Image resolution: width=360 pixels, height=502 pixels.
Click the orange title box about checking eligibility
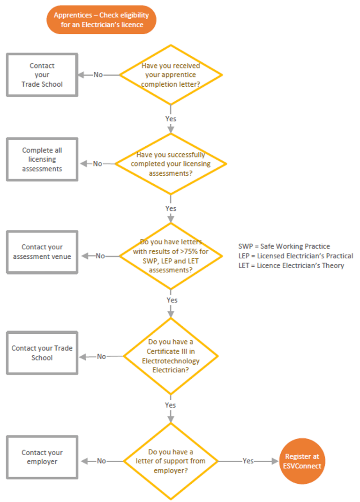pyautogui.click(x=101, y=20)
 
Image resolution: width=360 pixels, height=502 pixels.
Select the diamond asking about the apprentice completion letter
pyautogui.click(x=171, y=75)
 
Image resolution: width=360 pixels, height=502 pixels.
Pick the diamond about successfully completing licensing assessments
pyautogui.click(x=171, y=164)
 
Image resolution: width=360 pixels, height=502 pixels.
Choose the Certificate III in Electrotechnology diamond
pyautogui.click(x=171, y=356)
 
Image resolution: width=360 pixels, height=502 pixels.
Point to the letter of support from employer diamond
pyautogui.click(x=171, y=461)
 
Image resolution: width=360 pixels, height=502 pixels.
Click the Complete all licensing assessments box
pyautogui.click(x=42, y=159)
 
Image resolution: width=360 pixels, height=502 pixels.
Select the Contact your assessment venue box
pyautogui.click(x=42, y=252)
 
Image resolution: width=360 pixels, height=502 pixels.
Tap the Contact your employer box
pyautogui.click(x=42, y=457)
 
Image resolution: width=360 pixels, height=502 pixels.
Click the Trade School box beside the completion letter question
pyautogui.click(x=42, y=75)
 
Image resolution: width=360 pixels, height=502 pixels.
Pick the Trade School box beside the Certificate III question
pyautogui.click(x=42, y=353)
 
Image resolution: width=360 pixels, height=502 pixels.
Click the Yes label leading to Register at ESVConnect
pyautogui.click(x=248, y=461)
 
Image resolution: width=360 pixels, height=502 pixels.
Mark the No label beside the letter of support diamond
pyautogui.click(x=101, y=461)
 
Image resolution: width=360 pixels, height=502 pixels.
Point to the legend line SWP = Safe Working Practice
pyautogui.click(x=284, y=247)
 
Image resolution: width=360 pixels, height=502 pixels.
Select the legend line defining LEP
pyautogui.click(x=295, y=256)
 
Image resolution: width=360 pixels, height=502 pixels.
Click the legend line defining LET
pyautogui.click(x=291, y=266)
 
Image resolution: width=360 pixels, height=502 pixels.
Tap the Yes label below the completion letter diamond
pyautogui.click(x=171, y=119)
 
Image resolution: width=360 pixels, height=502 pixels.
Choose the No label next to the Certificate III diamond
pyautogui.click(x=101, y=357)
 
